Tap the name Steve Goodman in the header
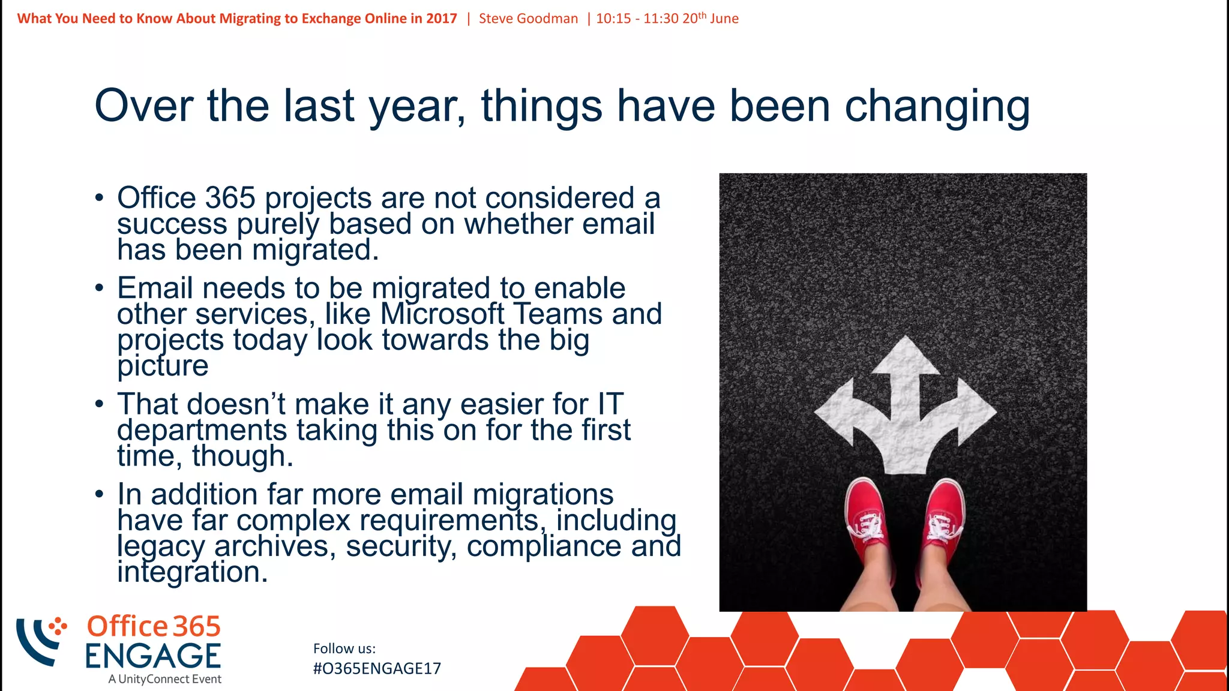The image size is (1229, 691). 528,19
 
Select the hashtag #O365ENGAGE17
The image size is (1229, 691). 377,669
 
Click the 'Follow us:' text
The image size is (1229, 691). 344,648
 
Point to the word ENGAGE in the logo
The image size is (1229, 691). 153,656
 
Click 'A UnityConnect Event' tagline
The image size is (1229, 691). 165,679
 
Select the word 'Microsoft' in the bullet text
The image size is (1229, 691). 442,314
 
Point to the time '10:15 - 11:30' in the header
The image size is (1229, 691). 637,19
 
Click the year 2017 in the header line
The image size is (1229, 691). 442,19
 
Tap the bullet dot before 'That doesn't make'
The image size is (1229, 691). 100,404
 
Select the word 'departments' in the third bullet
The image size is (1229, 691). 202,430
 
